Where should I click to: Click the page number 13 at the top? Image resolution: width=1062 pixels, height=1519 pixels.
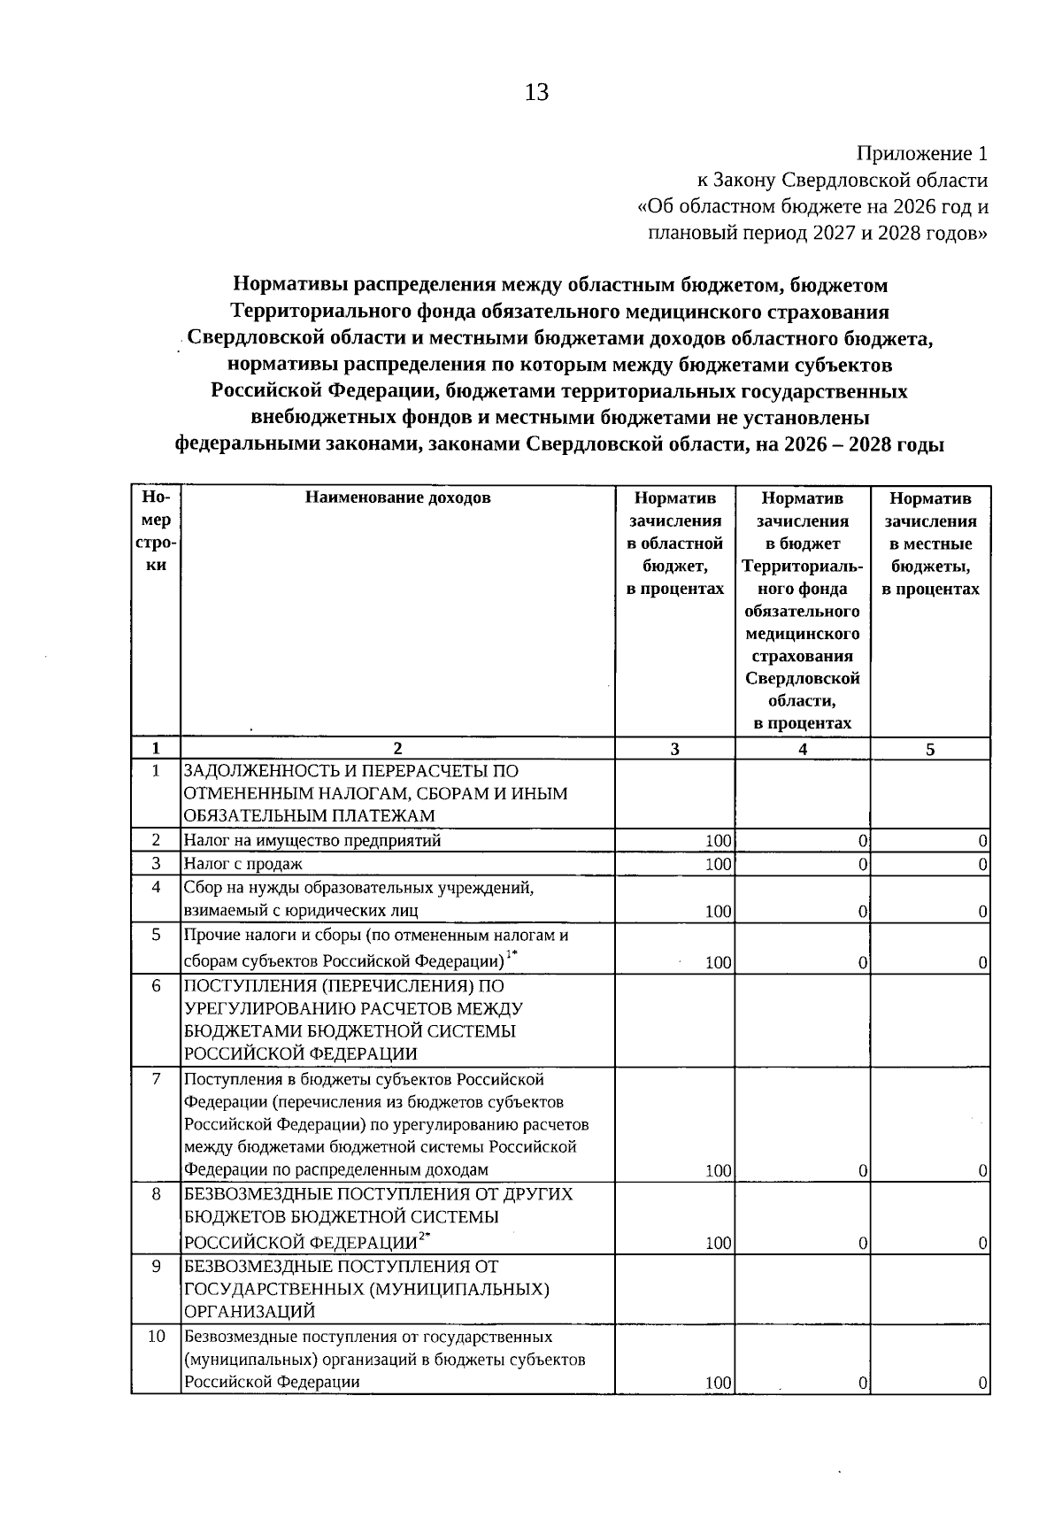tap(537, 92)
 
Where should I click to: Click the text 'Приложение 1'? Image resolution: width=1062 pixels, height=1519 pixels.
tap(922, 154)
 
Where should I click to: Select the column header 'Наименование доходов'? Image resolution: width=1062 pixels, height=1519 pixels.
tap(397, 497)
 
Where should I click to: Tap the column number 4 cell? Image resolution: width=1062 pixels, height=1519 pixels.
tap(802, 749)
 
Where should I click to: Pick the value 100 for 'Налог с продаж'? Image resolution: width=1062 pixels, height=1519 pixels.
tap(718, 864)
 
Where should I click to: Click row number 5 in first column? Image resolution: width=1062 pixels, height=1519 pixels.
tap(156, 934)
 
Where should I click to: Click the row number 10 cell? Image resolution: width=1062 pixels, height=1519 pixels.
tap(156, 1337)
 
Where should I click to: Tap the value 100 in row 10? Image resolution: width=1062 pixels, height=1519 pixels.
tap(718, 1383)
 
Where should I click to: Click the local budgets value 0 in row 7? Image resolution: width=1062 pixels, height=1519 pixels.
tap(983, 1171)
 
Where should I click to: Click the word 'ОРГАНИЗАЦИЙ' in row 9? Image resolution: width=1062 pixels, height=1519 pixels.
tap(250, 1312)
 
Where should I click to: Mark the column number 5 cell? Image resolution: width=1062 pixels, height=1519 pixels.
tap(929, 749)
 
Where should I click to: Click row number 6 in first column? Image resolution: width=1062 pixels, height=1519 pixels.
tap(156, 986)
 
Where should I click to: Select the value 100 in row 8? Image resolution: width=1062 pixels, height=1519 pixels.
tap(718, 1244)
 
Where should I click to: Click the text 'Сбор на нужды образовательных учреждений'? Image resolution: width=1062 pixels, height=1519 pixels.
tap(358, 888)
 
